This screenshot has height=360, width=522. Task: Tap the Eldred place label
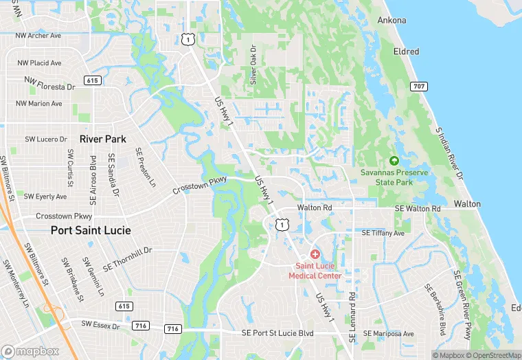406,52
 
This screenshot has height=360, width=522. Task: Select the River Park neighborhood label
103,139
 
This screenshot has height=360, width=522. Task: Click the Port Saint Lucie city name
91,230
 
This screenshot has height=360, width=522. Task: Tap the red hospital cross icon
315,254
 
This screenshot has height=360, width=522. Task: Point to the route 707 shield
418,86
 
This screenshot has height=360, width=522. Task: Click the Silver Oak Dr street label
253,65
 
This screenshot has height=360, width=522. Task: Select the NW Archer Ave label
38,35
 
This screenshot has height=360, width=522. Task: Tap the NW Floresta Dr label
49,84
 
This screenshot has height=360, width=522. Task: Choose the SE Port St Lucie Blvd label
277,333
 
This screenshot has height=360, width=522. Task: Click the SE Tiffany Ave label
383,234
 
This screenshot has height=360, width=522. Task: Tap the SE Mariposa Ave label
389,334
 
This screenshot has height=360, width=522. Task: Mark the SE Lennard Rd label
352,317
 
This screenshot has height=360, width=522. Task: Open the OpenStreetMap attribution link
492,355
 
